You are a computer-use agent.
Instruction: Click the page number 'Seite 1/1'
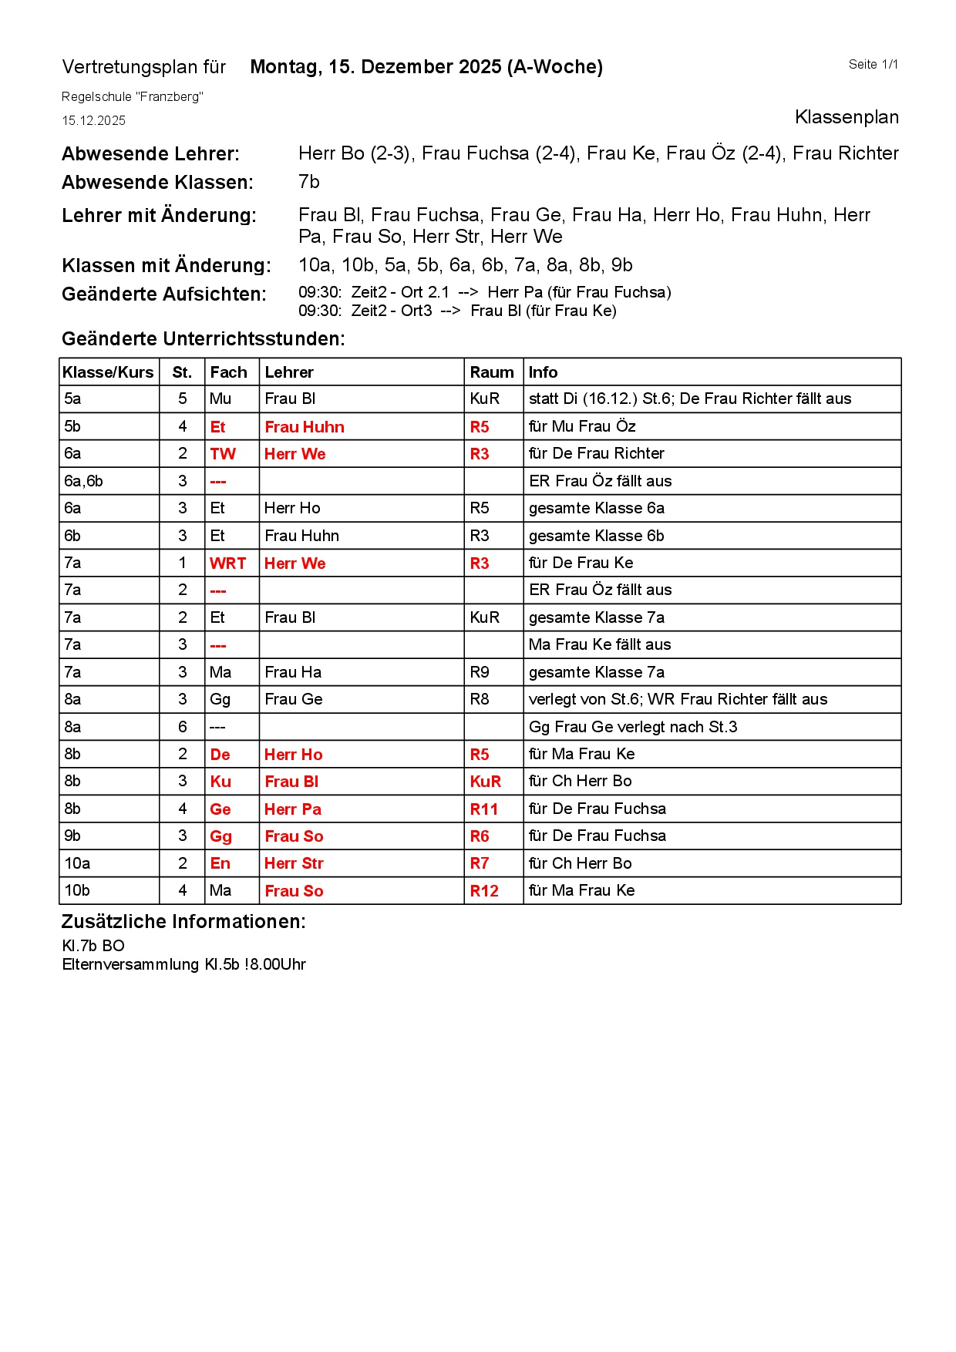tap(873, 65)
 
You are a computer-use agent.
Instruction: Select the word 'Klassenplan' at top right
tap(846, 117)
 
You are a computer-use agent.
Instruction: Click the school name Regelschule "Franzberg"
tap(132, 97)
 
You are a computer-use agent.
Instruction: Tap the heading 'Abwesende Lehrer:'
tap(150, 154)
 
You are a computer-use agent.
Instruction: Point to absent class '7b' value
tap(308, 182)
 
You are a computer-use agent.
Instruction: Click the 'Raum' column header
tap(491, 372)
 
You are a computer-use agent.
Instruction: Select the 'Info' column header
tap(543, 372)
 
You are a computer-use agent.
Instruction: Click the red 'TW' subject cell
tap(222, 454)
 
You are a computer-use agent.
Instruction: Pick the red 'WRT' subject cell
tap(227, 563)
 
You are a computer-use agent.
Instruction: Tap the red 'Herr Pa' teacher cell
tap(292, 809)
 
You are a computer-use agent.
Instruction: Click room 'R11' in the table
tap(483, 809)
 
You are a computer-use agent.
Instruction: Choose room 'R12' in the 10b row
tap(483, 891)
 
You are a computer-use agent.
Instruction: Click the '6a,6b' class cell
tap(83, 481)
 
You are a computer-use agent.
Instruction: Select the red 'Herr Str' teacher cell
tap(293, 863)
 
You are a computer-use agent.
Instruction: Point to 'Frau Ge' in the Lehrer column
tap(293, 699)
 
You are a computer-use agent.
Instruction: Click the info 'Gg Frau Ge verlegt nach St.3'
tap(632, 727)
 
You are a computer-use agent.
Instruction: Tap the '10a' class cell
tap(77, 863)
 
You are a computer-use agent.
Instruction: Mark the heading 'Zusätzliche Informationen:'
tap(183, 922)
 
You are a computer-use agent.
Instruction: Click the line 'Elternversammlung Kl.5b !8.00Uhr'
tap(183, 965)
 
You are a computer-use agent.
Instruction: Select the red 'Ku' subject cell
tap(220, 782)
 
